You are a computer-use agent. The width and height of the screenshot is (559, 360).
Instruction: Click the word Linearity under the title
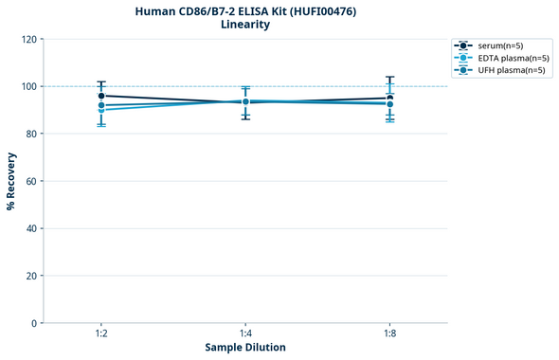coord(244,25)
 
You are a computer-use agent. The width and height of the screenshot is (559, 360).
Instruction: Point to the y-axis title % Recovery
coord(11,181)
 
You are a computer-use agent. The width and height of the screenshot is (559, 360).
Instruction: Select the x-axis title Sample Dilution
coord(245,348)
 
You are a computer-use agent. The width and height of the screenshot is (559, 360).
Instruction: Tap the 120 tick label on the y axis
coord(28,39)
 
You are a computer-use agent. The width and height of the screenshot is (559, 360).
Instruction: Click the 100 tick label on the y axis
coord(28,86)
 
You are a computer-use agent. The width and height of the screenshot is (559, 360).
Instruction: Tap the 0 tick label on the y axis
coord(34,323)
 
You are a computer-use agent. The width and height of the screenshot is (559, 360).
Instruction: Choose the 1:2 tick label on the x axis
coord(101,334)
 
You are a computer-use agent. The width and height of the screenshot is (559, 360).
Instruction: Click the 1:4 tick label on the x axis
coord(245,334)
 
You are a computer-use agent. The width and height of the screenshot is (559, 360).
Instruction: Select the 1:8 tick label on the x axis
coord(389,334)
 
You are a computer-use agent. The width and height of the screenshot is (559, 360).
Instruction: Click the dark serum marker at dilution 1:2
coord(101,96)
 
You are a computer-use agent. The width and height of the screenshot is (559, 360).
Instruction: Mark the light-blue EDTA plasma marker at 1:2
coord(101,110)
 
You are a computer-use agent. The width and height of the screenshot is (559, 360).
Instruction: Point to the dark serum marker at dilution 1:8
coord(389,98)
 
